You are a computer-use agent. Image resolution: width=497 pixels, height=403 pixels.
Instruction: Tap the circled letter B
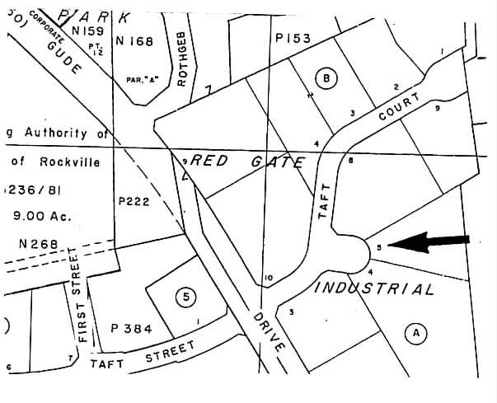pyautogui.click(x=327, y=79)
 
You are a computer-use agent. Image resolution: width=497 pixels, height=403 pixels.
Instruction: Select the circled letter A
pyautogui.click(x=416, y=333)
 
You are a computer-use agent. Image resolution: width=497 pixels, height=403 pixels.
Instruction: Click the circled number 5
pyautogui.click(x=186, y=296)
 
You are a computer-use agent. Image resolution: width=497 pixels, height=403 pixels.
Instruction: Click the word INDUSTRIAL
pyautogui.click(x=374, y=288)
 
